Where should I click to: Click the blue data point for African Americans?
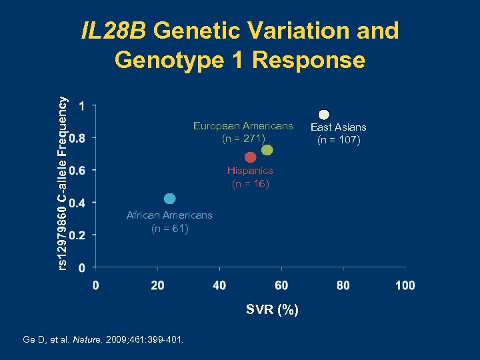click(169, 199)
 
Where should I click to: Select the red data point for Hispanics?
click(250, 157)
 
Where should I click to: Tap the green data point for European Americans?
click(267, 150)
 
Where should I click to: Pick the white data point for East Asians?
click(324, 114)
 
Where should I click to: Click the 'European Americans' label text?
click(243, 125)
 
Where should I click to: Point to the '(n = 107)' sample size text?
click(339, 140)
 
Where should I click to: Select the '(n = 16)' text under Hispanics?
click(250, 184)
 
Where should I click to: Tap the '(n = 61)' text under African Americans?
click(169, 229)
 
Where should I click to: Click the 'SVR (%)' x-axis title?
click(272, 310)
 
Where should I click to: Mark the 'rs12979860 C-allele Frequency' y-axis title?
click(61, 183)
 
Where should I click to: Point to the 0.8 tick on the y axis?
click(77, 138)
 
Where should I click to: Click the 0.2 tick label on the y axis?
click(77, 235)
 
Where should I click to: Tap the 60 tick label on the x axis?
click(281, 285)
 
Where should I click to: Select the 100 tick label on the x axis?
click(405, 285)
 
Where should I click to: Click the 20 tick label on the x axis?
click(157, 285)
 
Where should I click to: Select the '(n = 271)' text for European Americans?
click(243, 139)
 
